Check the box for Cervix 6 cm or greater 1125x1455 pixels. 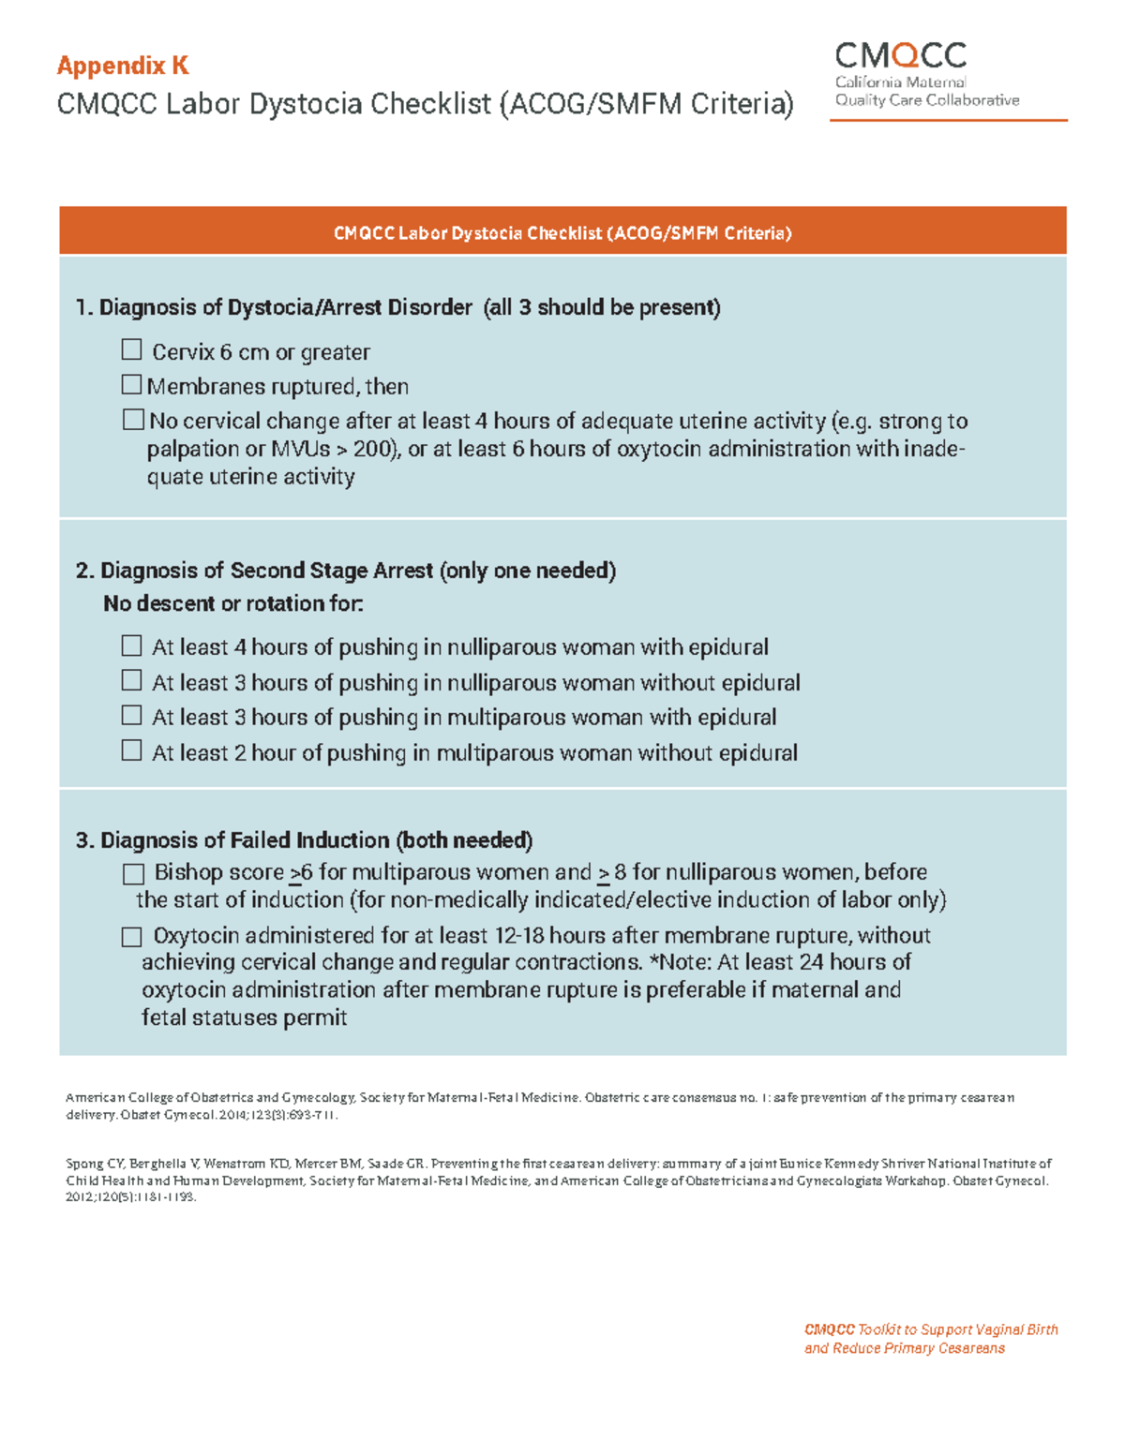point(131,350)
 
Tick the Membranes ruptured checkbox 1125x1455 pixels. point(131,385)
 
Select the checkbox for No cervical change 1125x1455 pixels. point(133,420)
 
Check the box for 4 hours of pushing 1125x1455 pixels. point(131,646)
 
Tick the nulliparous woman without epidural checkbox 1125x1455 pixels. point(131,681)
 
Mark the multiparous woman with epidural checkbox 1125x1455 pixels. point(131,716)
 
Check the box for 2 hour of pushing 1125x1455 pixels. point(131,751)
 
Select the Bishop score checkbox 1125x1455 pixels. point(133,874)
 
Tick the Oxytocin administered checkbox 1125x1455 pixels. point(131,937)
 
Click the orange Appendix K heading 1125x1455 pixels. point(123,66)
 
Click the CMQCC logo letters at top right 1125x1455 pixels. point(900,56)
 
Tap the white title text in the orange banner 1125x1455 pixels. point(562,233)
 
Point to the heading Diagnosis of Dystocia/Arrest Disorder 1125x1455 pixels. point(286,307)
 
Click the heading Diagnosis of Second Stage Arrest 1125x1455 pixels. point(267,571)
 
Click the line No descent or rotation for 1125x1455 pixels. point(232,604)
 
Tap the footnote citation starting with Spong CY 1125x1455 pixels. point(558,1180)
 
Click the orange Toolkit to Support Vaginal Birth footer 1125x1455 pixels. point(931,1339)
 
